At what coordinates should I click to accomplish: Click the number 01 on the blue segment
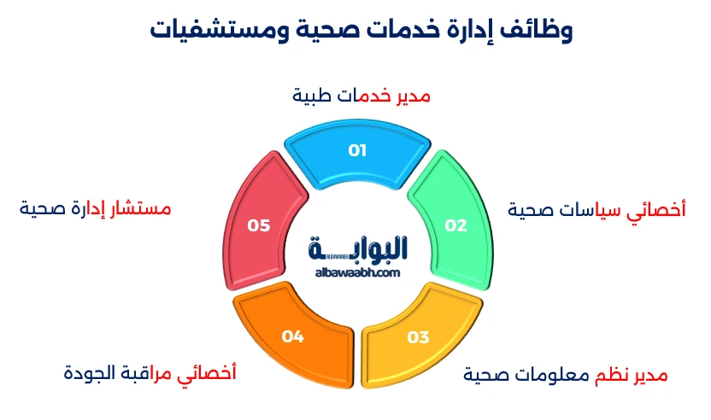(x=357, y=151)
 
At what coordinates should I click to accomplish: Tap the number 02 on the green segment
(x=455, y=225)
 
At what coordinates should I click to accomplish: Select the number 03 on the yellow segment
(x=417, y=337)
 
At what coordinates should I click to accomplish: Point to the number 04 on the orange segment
(x=293, y=337)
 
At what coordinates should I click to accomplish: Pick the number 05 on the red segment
(x=259, y=225)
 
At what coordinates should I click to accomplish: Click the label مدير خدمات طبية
(x=361, y=96)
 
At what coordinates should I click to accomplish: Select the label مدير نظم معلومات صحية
(x=565, y=376)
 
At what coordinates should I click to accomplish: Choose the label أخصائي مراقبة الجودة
(x=150, y=373)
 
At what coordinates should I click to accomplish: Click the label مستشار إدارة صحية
(x=95, y=209)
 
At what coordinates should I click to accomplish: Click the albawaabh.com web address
(x=357, y=272)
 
